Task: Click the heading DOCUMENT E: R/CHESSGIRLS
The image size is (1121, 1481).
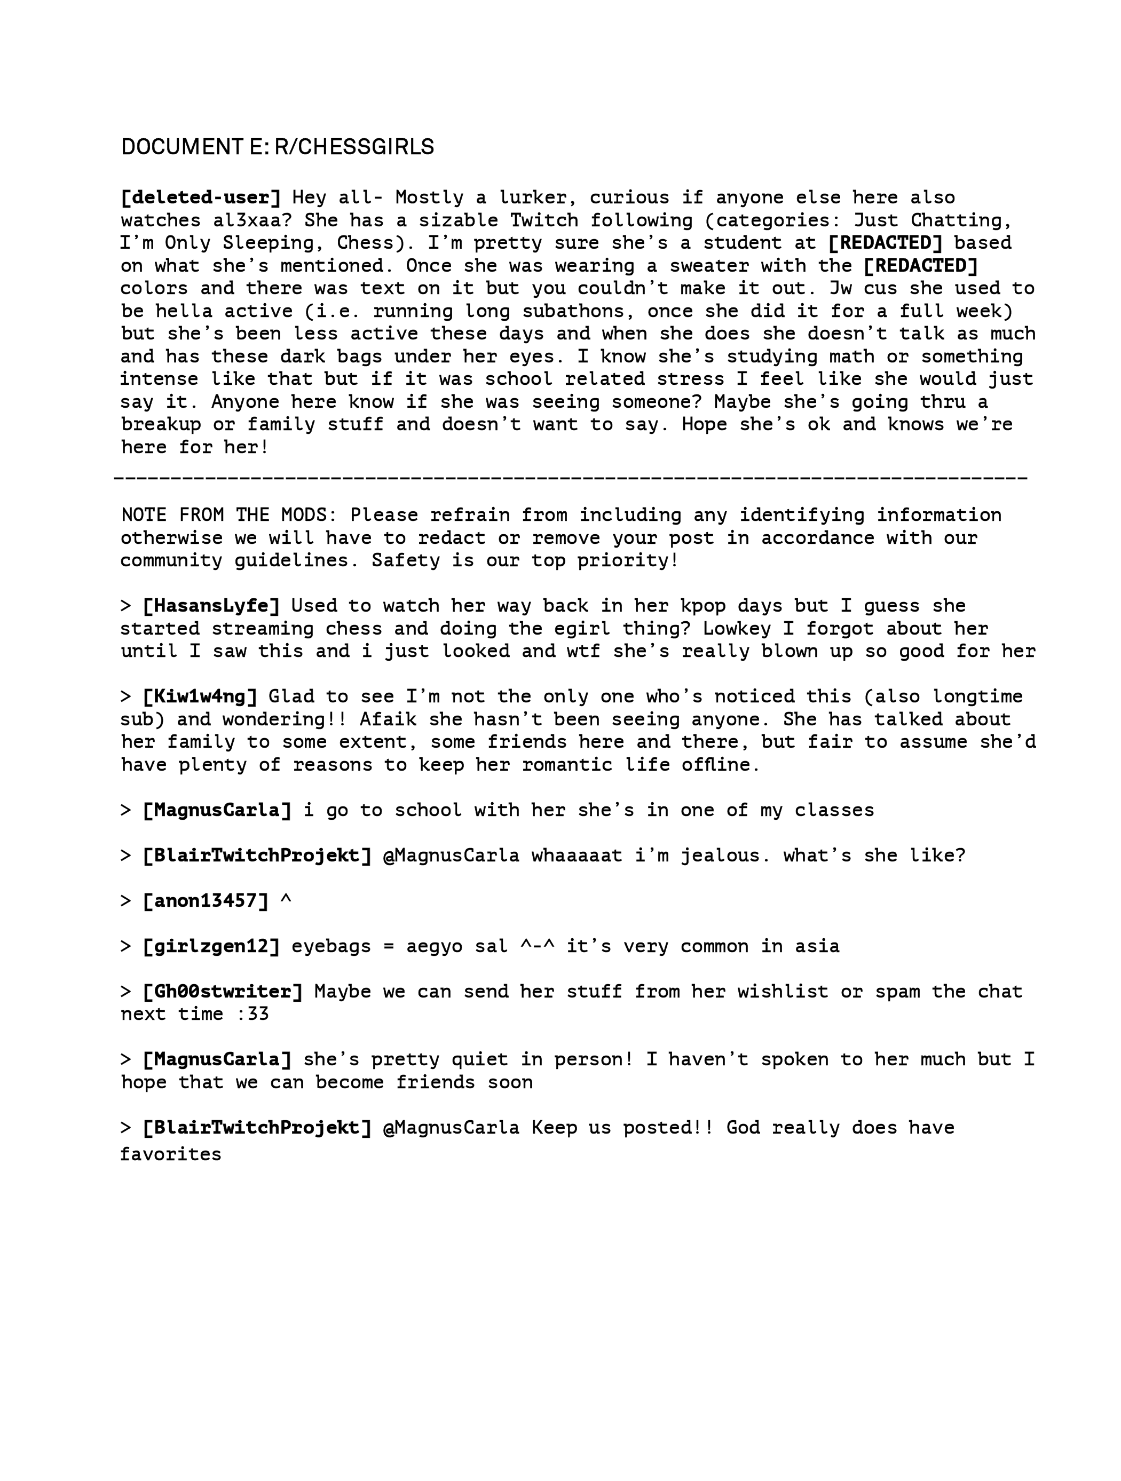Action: click(277, 147)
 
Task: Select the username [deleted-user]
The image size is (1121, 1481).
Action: click(200, 197)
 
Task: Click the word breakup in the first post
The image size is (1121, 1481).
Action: click(161, 424)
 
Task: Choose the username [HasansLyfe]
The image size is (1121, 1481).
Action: click(211, 606)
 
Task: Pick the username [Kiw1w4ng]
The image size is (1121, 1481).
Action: click(200, 696)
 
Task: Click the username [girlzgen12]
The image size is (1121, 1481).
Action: click(211, 946)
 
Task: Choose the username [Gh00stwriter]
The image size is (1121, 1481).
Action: click(222, 992)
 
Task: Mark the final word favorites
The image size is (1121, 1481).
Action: click(171, 1154)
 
